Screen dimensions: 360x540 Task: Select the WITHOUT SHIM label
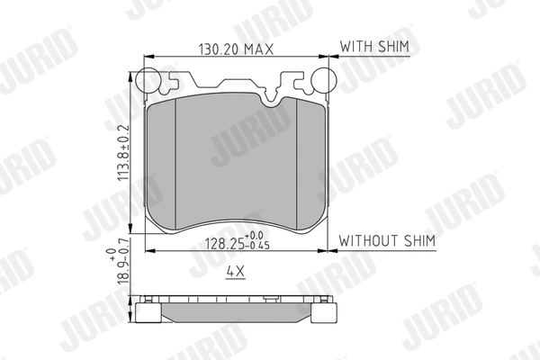pos(387,241)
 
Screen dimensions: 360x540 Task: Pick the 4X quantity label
pos(237,270)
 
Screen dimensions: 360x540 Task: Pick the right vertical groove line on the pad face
pos(298,162)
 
